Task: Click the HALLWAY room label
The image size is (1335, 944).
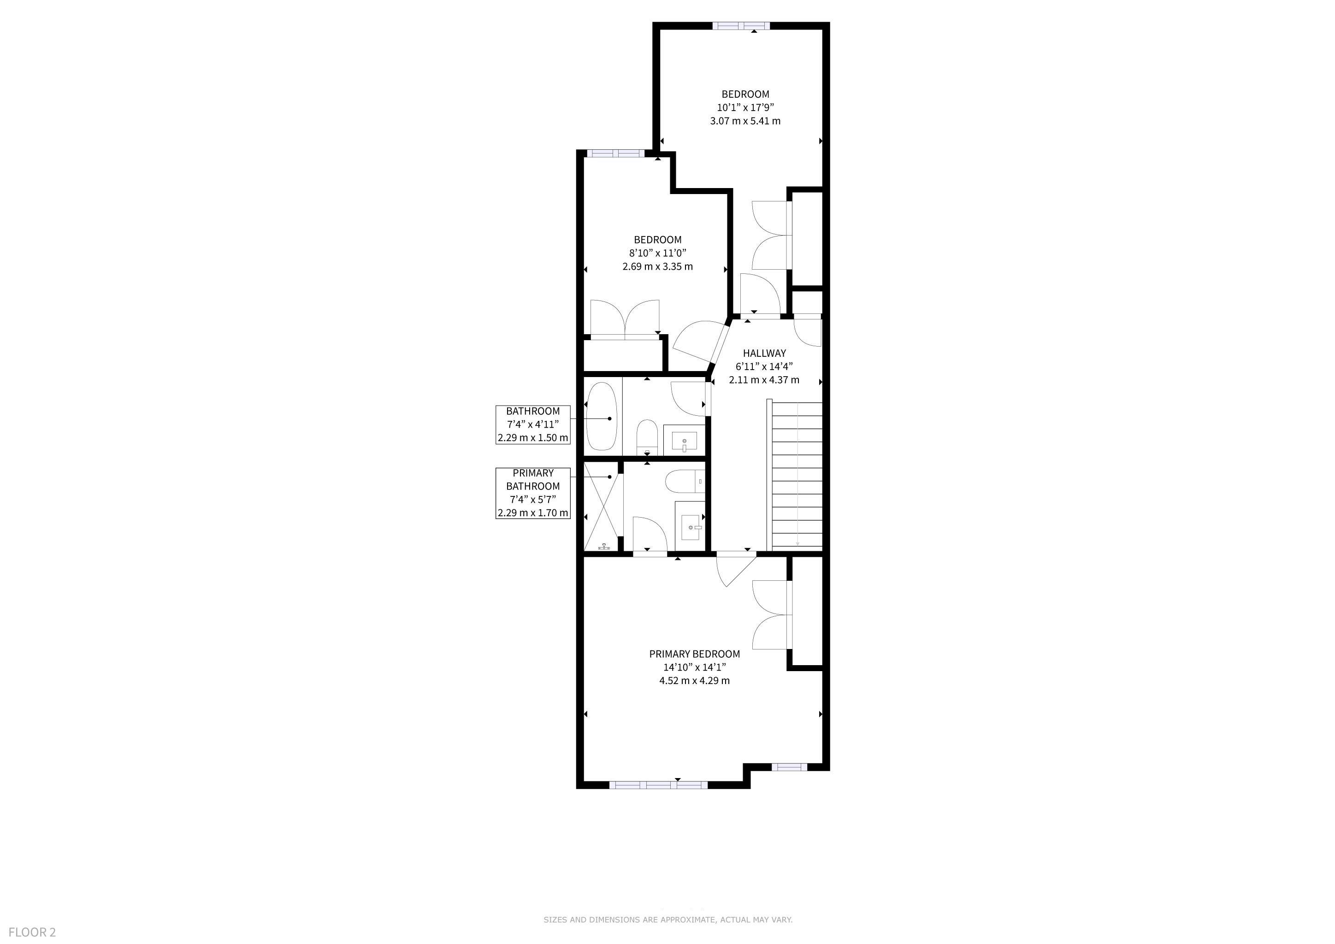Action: pyautogui.click(x=764, y=353)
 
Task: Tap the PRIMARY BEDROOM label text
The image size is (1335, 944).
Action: pyautogui.click(x=694, y=654)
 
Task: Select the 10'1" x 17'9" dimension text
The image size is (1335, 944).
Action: pyautogui.click(x=745, y=107)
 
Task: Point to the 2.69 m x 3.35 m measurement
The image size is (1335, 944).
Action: pyautogui.click(x=658, y=267)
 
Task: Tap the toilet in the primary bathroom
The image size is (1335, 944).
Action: pyautogui.click(x=685, y=481)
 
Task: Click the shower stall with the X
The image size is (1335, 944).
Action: pyautogui.click(x=603, y=506)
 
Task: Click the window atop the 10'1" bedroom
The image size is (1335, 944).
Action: pyautogui.click(x=741, y=25)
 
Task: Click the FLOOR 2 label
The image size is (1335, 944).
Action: pyautogui.click(x=32, y=932)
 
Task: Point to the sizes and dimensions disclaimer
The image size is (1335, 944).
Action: pyautogui.click(x=667, y=920)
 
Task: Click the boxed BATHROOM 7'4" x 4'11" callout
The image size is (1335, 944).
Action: pyautogui.click(x=532, y=425)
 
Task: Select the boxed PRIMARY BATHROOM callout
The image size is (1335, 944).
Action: pyautogui.click(x=532, y=493)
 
